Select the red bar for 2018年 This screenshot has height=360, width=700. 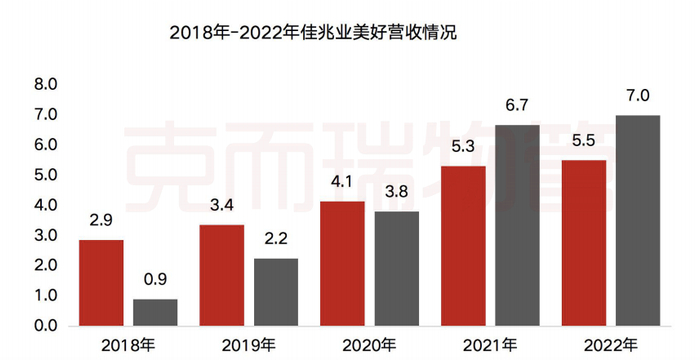coord(101,283)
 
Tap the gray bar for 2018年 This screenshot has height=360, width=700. coord(155,312)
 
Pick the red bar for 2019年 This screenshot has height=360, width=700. coord(222,275)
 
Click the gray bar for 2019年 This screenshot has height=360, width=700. coord(276,292)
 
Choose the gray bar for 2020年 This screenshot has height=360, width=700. coord(397,268)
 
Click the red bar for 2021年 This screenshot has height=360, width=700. coord(463,246)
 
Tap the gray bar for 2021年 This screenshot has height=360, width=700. coord(517,225)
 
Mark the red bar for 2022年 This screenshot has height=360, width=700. coord(584,243)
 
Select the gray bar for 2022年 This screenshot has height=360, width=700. coord(638,220)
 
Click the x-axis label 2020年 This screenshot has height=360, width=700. coord(369,345)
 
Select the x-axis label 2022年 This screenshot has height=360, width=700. coord(611,345)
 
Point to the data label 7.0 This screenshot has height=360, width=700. coord(638,96)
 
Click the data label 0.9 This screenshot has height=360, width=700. coord(155,280)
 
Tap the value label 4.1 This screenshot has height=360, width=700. coord(342,183)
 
